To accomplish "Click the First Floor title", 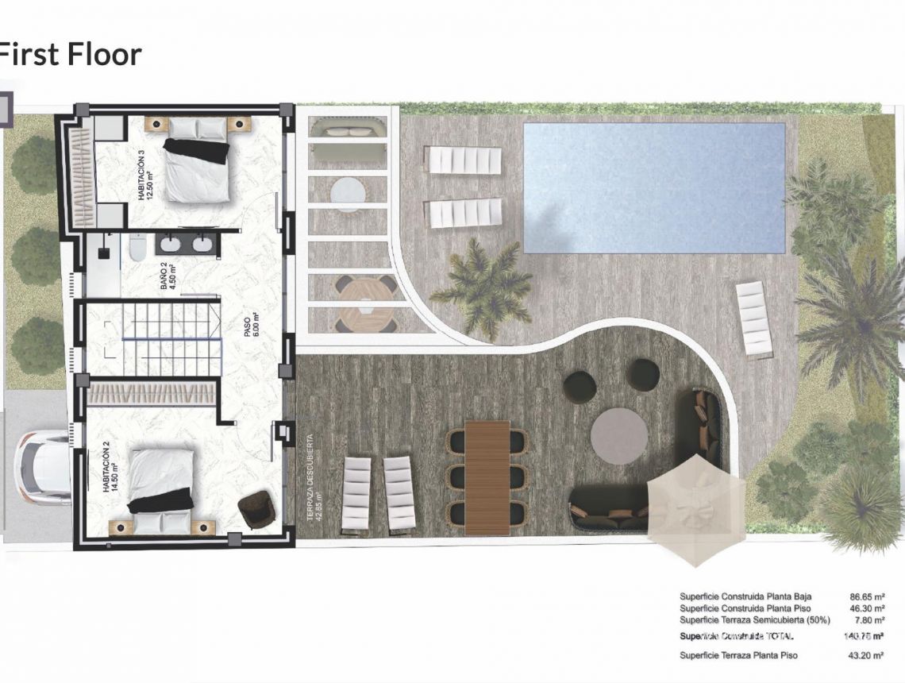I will tap(70, 55).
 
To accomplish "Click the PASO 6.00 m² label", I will tap(252, 324).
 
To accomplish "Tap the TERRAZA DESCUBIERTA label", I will tap(310, 477).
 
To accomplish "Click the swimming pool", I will tap(653, 187).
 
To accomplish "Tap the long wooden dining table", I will tap(487, 477).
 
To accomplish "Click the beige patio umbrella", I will tap(695, 509).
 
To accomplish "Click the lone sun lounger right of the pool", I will tap(753, 318).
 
